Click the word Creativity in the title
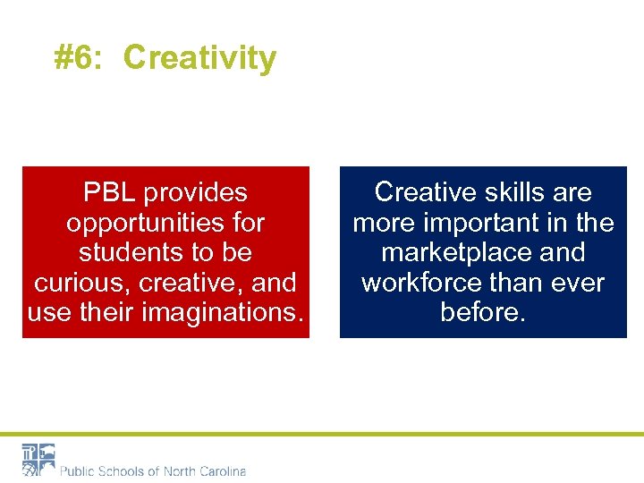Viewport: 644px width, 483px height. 199,58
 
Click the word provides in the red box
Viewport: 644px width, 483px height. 195,192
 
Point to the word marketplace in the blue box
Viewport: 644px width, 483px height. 456,252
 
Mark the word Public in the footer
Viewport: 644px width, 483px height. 77,471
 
